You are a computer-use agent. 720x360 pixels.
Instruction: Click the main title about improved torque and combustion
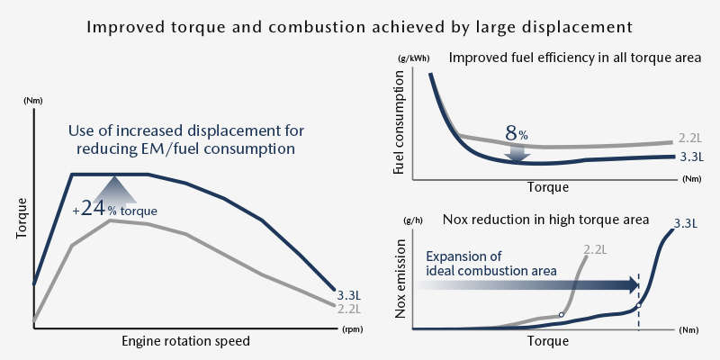360,26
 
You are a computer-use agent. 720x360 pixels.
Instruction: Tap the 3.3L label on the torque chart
348,294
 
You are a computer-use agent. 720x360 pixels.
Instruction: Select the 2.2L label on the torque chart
348,309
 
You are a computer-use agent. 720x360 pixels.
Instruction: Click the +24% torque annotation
115,210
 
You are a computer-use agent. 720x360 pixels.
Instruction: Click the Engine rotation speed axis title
185,342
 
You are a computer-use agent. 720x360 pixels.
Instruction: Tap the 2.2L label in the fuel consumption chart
689,139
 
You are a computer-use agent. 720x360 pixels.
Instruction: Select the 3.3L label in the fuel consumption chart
691,157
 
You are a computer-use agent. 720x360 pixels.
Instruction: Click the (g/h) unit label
413,220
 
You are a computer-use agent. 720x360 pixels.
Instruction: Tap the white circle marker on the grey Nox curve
562,315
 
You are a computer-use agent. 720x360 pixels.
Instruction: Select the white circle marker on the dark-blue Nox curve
638,306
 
